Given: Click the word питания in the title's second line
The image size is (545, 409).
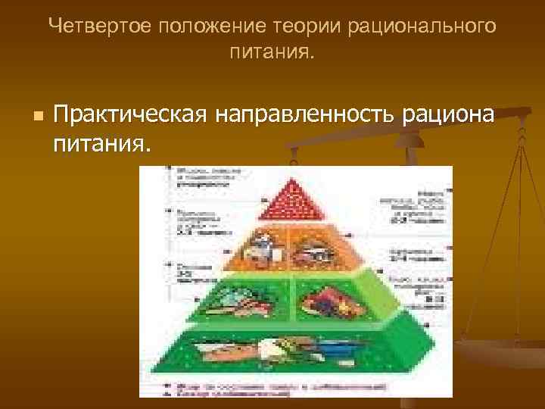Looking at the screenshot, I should pyautogui.click(x=272, y=54).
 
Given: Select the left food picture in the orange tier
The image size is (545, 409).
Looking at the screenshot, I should pyautogui.click(x=261, y=248).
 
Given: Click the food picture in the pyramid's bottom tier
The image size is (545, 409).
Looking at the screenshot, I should pyautogui.click(x=291, y=351).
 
